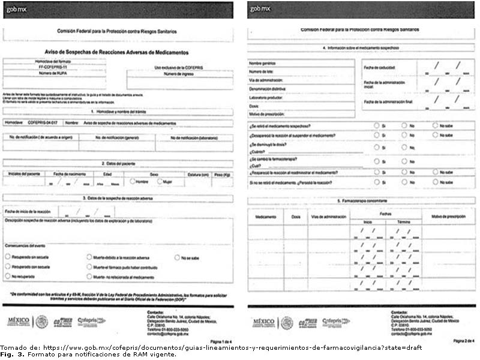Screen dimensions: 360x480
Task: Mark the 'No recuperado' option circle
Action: click(7, 277)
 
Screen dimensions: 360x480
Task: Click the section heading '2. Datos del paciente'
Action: click(117, 163)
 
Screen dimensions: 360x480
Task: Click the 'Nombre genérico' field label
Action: click(262, 63)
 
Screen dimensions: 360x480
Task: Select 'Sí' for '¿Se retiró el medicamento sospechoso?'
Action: click(376, 126)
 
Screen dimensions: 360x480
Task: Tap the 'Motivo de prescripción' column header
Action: click(449, 216)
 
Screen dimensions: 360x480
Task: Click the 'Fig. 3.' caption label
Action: click(8, 354)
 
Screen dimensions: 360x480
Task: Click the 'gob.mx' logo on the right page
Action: click(260, 9)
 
